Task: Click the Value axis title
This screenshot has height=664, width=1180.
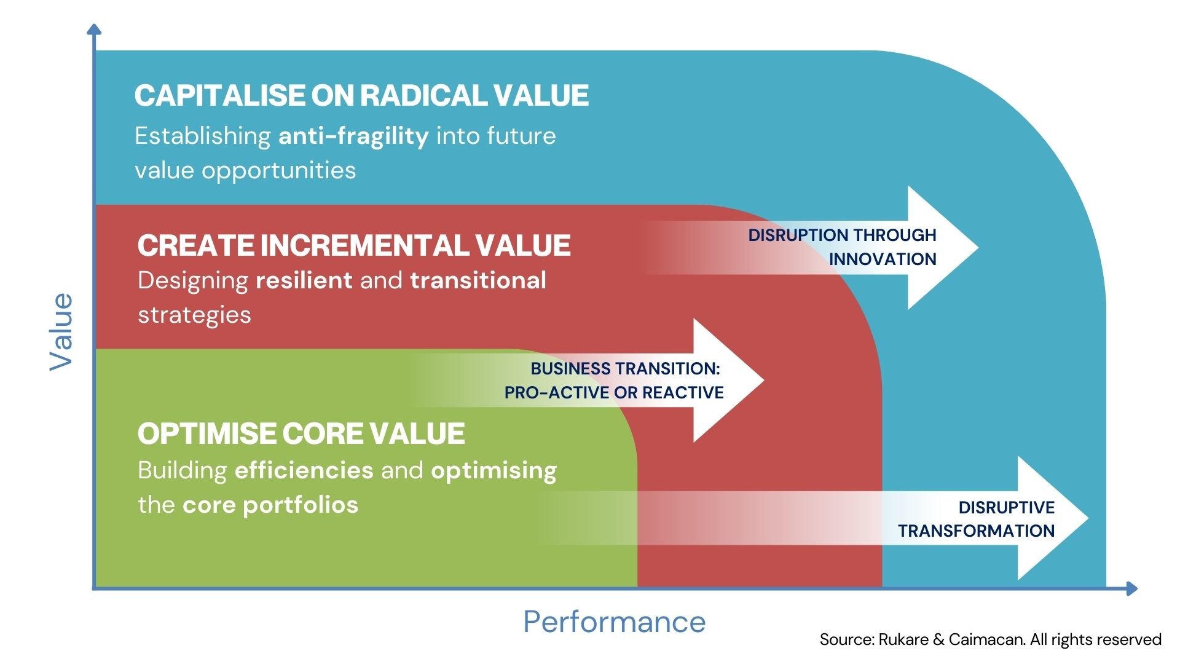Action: pos(61,331)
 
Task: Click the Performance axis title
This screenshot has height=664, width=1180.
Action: pos(614,622)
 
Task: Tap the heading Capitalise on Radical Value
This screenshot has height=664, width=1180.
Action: pos(361,96)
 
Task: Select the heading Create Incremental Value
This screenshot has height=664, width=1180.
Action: pos(354,245)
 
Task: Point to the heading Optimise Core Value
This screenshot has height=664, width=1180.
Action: pos(301,433)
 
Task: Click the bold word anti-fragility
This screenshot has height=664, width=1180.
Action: pos(353,136)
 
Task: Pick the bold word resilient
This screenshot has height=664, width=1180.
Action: pos(304,280)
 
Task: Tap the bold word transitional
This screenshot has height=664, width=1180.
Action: pos(478,280)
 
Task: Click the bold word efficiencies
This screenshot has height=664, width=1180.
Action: pos(304,470)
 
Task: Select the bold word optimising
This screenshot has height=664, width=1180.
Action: pos(494,471)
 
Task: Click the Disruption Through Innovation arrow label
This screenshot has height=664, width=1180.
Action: pos(842,247)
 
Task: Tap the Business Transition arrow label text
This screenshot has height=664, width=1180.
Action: pos(615,381)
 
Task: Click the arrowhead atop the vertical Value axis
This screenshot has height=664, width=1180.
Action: pos(94,29)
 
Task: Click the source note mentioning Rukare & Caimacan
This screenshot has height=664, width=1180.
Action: pos(990,639)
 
